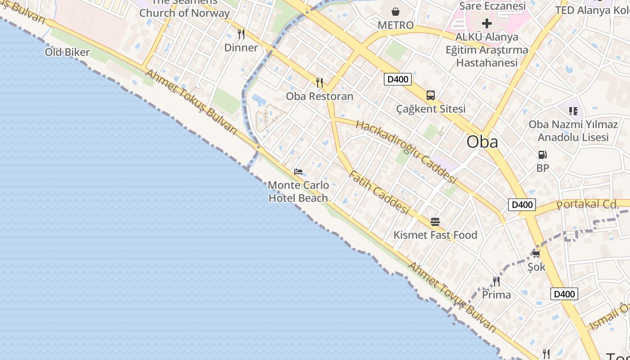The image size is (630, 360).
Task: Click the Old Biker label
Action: [67, 52]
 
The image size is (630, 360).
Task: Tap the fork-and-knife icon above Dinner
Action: [241, 34]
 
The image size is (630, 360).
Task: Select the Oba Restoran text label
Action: [320, 96]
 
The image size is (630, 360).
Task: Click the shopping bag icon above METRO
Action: [396, 12]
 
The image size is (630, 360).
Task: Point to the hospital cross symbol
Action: [487, 23]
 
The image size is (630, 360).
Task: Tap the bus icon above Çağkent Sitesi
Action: [431, 95]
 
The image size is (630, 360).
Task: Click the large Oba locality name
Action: [482, 142]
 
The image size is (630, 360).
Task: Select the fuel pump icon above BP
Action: [543, 155]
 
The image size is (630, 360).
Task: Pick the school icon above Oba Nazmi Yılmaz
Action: [573, 111]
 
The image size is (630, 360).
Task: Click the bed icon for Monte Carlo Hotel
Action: [298, 172]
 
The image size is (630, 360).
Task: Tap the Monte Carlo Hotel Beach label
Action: [299, 191]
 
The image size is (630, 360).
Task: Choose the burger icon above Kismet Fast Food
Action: [435, 222]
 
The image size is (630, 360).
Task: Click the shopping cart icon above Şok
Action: [536, 254]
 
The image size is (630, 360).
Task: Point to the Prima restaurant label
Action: [496, 295]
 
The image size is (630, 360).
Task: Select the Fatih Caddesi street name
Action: [379, 193]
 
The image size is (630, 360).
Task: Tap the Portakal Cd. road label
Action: [588, 204]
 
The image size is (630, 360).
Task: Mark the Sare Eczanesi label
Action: [492, 6]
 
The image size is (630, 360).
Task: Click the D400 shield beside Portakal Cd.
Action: [522, 205]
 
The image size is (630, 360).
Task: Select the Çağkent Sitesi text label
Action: [431, 109]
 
